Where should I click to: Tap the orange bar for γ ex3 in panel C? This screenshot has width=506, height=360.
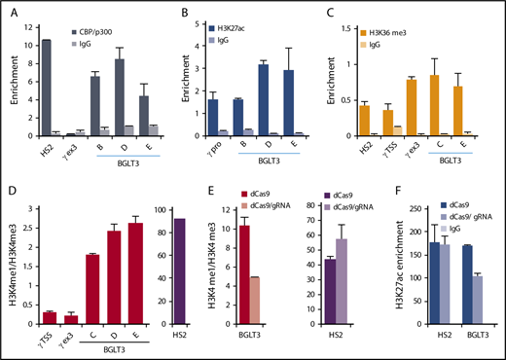point(413,107)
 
